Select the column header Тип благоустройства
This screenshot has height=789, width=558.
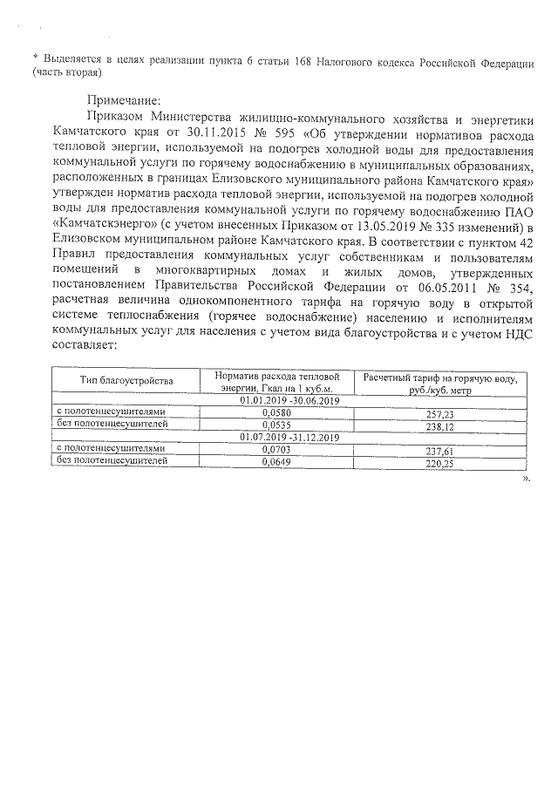point(126,380)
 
